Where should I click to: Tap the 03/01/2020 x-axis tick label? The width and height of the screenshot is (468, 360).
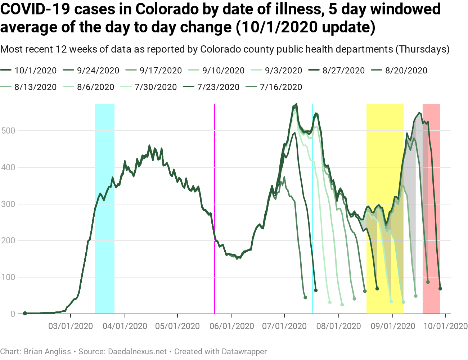(71, 326)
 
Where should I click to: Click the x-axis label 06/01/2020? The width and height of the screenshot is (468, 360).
(232, 326)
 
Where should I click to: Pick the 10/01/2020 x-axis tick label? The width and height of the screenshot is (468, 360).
(446, 326)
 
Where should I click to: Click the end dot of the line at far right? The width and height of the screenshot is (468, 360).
(440, 289)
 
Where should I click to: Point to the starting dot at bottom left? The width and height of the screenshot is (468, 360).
(25, 314)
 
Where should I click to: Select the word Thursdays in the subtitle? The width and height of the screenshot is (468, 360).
(423, 49)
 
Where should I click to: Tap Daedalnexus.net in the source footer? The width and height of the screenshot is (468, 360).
(138, 351)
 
